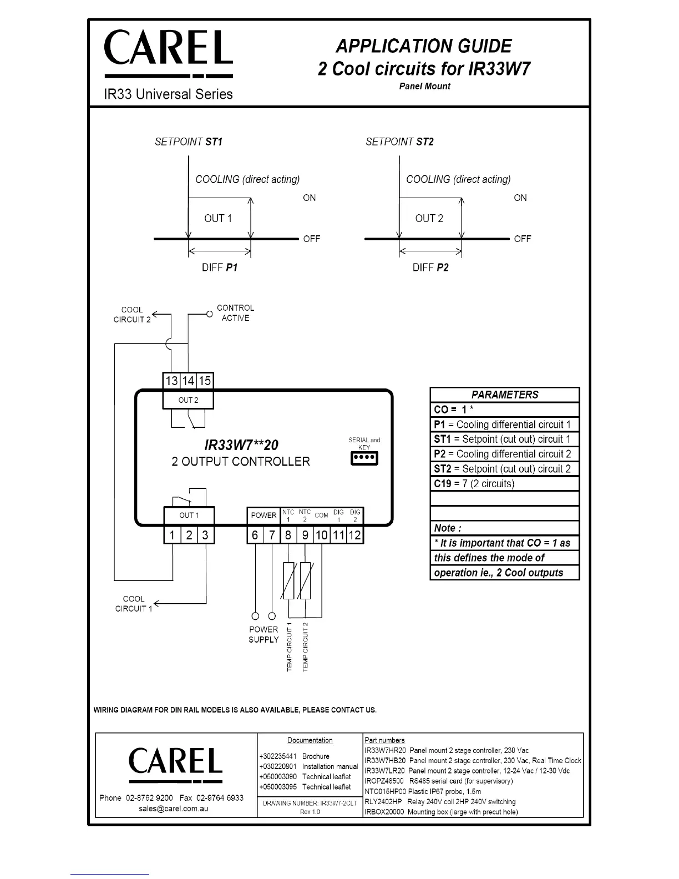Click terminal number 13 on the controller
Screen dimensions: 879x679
pyautogui.click(x=171, y=381)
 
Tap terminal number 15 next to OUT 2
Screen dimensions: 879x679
pyautogui.click(x=205, y=381)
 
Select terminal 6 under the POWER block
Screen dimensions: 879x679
pyautogui.click(x=255, y=535)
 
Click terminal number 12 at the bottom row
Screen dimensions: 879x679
pyautogui.click(x=355, y=535)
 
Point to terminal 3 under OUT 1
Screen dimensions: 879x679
pyautogui.click(x=205, y=535)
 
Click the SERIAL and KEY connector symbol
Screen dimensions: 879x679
pyautogui.click(x=364, y=458)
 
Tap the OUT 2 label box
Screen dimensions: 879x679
pyautogui.click(x=188, y=400)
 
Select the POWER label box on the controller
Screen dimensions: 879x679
pyautogui.click(x=264, y=515)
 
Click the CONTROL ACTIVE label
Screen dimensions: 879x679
pyautogui.click(x=235, y=313)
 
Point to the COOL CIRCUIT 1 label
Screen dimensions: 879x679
pyautogui.click(x=134, y=604)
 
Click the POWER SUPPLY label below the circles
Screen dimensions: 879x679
pyautogui.click(x=264, y=634)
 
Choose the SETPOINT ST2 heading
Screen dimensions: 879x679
pyautogui.click(x=399, y=142)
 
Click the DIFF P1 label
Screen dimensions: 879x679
pyautogui.click(x=219, y=267)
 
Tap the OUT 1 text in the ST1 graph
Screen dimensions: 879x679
pyautogui.click(x=218, y=219)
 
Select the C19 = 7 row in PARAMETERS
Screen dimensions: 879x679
pyautogui.click(x=504, y=483)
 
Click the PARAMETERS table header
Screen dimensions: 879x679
pyautogui.click(x=504, y=395)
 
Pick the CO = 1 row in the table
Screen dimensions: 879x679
pyautogui.click(x=504, y=410)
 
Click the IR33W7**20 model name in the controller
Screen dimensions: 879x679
pyautogui.click(x=241, y=445)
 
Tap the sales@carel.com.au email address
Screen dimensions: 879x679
pyautogui.click(x=174, y=809)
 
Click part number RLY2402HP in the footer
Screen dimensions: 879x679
pyautogui.click(x=383, y=802)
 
